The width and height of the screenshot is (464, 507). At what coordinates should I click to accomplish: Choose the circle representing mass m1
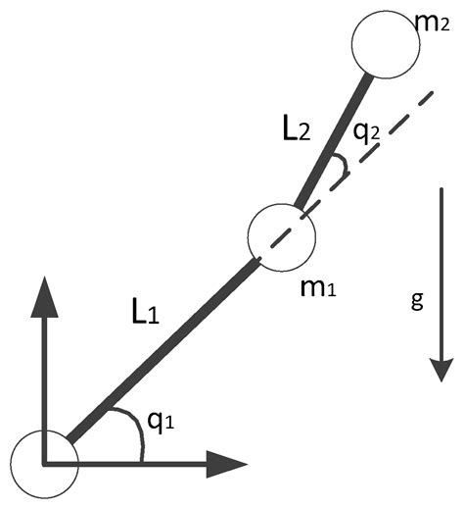282,235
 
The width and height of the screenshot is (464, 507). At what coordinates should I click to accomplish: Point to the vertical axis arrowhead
43,295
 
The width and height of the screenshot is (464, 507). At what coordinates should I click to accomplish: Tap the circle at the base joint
43,463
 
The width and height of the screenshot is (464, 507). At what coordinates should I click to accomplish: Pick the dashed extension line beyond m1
392,127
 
